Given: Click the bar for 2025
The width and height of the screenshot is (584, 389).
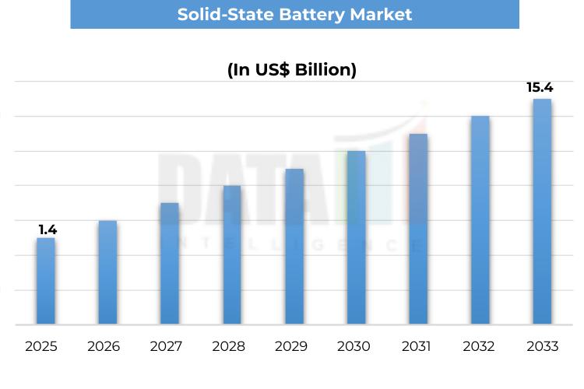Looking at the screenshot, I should coord(46,281).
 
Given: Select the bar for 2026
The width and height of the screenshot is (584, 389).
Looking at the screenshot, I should coord(107,272).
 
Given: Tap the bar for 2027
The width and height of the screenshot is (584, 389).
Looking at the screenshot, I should coord(170,264).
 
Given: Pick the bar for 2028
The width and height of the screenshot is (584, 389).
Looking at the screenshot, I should coord(232,255).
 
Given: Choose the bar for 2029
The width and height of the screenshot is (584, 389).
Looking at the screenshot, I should coord(294,247).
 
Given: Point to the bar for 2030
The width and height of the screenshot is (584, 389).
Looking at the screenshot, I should coord(356,238).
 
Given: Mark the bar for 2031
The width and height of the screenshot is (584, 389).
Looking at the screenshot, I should coord(418,230).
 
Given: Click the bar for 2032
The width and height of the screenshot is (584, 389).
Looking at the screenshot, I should coord(480,220).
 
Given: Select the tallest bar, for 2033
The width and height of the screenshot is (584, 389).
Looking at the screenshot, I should coord(542,212).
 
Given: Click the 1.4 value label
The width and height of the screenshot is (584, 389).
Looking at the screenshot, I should coord(47,230).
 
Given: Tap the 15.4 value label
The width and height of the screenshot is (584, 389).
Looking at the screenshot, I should coord(540,87).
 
